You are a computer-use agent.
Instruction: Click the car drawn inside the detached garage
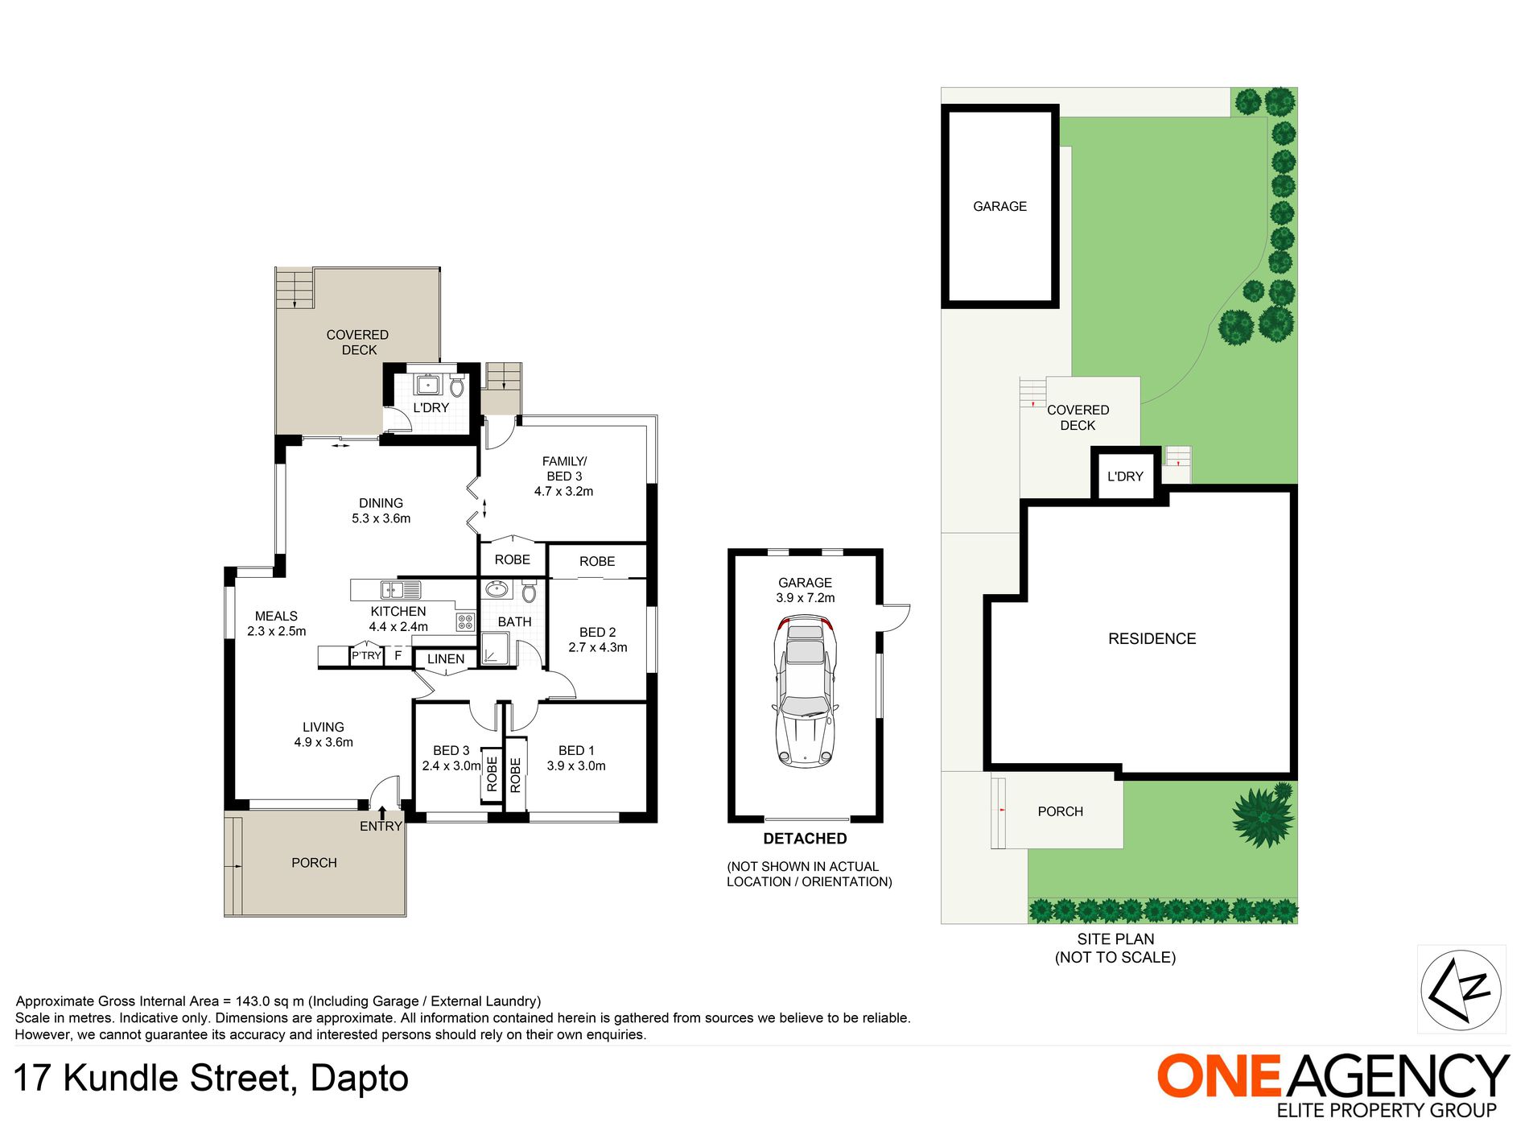805,691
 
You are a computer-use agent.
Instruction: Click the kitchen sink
400,590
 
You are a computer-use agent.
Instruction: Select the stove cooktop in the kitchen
465,621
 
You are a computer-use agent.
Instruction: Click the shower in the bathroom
496,649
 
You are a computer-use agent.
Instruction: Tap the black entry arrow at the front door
382,812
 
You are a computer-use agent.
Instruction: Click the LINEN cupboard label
446,659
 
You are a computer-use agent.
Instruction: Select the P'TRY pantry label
366,656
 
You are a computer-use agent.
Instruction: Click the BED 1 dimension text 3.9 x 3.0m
576,766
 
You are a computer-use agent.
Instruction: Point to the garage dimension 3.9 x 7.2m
806,598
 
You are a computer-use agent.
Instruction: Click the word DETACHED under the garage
805,839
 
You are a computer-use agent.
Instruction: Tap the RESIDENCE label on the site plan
1152,639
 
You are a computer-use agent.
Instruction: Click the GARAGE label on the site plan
1000,207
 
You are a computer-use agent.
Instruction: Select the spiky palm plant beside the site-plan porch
1263,815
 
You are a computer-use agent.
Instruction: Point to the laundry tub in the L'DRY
427,383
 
